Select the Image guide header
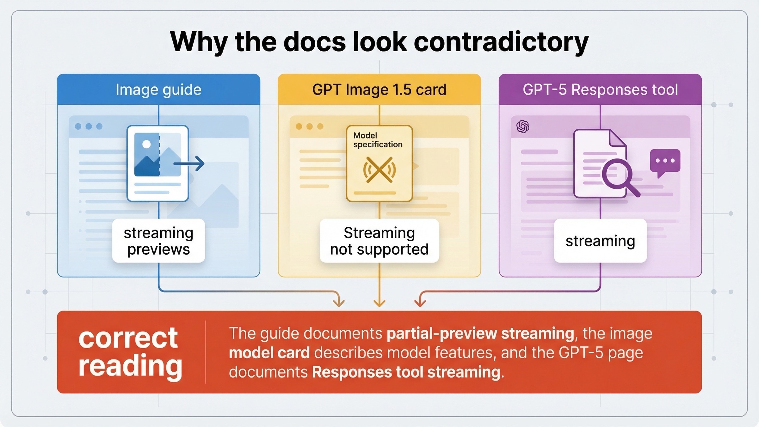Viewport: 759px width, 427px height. click(158, 90)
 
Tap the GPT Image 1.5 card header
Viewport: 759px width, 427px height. click(379, 90)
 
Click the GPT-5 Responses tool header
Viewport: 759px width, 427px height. click(600, 90)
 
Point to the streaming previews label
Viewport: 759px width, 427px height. click(158, 241)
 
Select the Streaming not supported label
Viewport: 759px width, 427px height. click(379, 241)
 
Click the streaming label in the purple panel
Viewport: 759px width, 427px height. click(600, 241)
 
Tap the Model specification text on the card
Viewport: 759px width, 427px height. click(378, 140)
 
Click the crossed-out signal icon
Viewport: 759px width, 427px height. click(379, 170)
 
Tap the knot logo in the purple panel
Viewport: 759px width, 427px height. click(523, 127)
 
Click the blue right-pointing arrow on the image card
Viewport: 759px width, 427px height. click(190, 164)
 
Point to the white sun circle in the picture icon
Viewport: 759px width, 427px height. click(146, 144)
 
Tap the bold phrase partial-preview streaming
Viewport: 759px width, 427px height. click(480, 333)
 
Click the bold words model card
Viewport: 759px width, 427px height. click(269, 353)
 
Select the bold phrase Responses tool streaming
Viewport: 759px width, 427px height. click(406, 372)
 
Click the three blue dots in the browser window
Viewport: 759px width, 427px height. click(89, 127)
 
